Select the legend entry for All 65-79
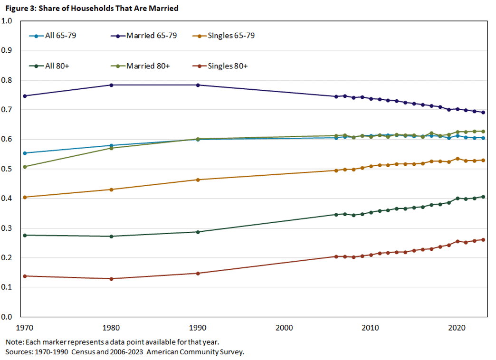[57, 36]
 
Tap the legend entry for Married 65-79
[152, 36]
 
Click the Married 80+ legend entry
[148, 66]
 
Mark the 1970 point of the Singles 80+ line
[25, 276]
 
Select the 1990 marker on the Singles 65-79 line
[198, 180]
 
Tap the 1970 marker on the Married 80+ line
[25, 167]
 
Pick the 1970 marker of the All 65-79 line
[25, 153]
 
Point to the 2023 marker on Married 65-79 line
[483, 113]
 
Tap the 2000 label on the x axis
[284, 328]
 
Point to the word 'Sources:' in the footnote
[18, 352]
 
